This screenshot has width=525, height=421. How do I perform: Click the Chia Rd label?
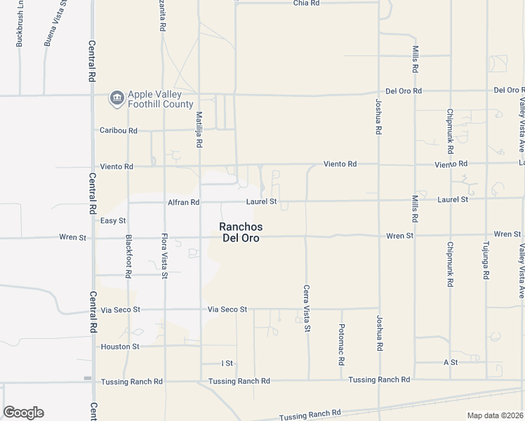click(x=306, y=4)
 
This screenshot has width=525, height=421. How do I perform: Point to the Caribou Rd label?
click(x=118, y=131)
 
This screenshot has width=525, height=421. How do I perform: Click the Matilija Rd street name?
click(x=199, y=126)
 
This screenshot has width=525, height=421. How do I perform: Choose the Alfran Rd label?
click(x=183, y=202)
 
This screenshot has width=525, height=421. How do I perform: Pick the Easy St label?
click(x=112, y=220)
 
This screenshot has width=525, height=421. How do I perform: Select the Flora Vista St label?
click(x=164, y=256)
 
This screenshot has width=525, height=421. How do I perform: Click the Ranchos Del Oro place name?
click(x=240, y=232)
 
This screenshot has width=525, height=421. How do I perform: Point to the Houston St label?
click(x=120, y=347)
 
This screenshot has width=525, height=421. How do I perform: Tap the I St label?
click(x=227, y=363)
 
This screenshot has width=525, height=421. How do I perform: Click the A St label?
click(x=450, y=362)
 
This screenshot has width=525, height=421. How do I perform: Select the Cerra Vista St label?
click(x=307, y=308)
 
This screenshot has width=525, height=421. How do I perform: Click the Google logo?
click(x=23, y=413)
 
